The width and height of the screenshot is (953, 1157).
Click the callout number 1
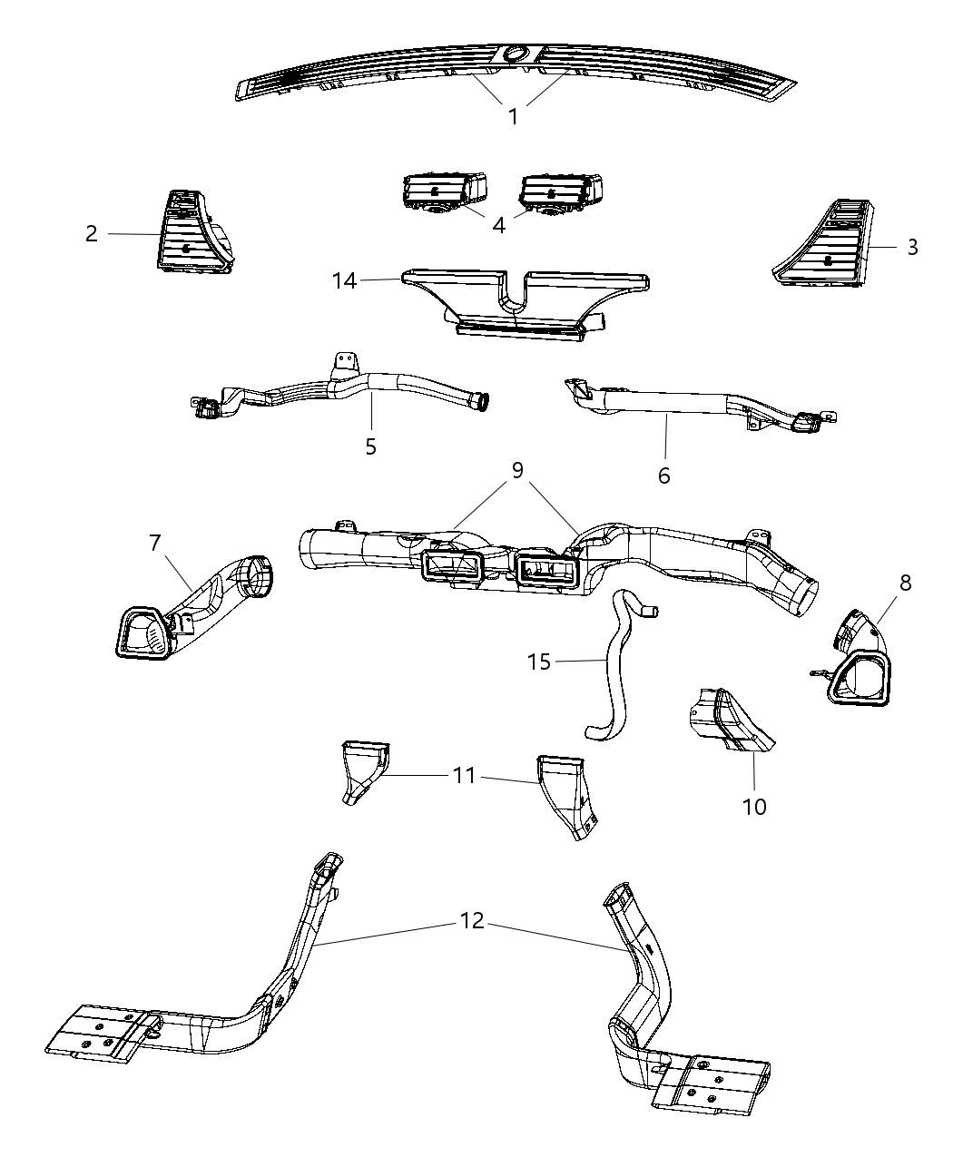513,117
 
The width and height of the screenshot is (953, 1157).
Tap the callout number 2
91,234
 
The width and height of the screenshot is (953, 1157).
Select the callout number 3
912,247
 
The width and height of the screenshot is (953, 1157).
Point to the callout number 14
344,281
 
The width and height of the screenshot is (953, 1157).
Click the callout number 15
539,662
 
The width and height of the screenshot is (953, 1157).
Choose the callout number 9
516,471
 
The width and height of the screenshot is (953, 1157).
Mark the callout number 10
754,806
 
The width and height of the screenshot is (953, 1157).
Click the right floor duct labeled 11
563,794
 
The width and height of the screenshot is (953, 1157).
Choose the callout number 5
370,446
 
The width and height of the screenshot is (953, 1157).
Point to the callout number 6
663,475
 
